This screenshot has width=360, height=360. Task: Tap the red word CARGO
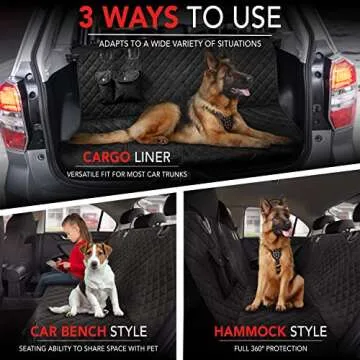107,157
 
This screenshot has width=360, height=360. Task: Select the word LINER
152,157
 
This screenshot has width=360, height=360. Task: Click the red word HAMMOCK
250,331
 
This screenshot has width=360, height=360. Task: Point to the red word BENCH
84,331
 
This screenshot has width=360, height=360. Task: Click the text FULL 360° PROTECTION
270,349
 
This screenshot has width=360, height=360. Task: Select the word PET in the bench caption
152,349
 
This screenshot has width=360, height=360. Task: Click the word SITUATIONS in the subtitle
241,43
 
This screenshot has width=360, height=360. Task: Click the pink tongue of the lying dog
243,92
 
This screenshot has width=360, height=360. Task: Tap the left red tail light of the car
13,115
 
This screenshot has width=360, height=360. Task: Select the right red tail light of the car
344,92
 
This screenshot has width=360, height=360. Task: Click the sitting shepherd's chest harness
276,258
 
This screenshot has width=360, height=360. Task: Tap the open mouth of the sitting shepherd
285,231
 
